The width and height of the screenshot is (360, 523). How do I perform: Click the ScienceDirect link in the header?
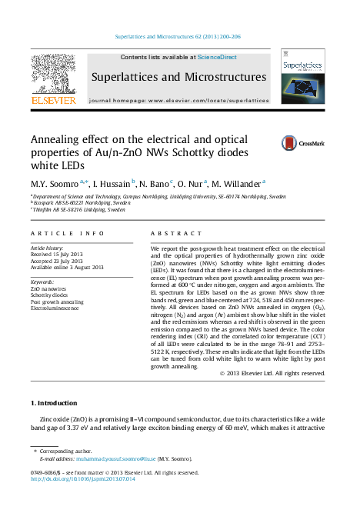point(217,58)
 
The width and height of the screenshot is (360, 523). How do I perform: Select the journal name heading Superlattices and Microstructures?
point(179,77)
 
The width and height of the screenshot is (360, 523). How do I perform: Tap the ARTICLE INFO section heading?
point(67,233)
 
